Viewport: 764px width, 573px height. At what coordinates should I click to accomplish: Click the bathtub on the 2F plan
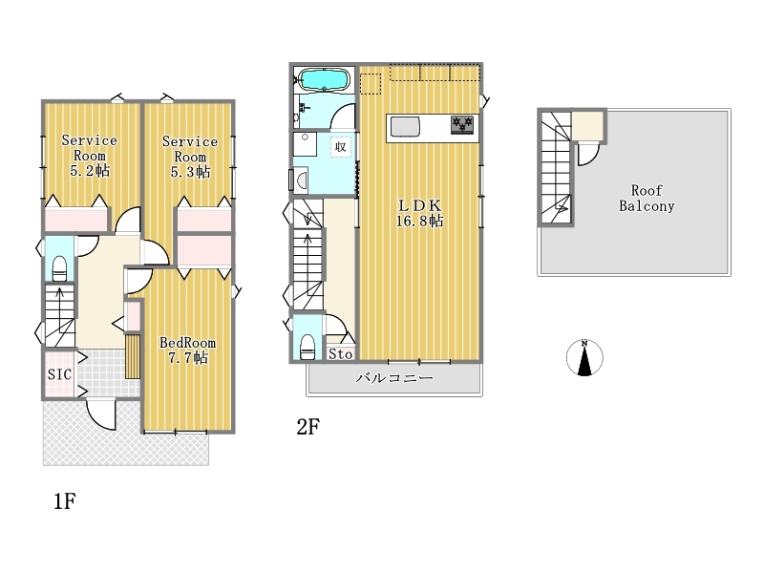(x=323, y=79)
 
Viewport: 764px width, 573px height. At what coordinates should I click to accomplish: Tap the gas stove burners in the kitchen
(x=462, y=124)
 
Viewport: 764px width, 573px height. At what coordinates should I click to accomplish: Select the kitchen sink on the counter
(x=405, y=127)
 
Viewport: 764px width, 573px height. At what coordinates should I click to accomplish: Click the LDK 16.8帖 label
(x=419, y=213)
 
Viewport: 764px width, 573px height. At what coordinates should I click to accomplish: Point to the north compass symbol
(x=584, y=357)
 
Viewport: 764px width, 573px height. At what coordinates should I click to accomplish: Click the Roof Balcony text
(x=647, y=198)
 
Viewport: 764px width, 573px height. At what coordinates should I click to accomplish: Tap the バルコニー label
(x=394, y=377)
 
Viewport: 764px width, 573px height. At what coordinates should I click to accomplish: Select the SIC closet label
(x=59, y=374)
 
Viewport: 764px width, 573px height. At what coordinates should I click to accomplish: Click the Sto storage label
(x=340, y=353)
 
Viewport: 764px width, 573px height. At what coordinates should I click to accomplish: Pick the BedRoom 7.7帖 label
(x=187, y=350)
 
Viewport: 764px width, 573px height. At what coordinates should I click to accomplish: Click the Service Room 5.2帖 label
(x=89, y=156)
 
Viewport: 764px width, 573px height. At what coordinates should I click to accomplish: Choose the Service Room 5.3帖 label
(x=190, y=157)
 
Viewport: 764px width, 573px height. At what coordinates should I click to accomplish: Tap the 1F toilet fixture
(x=59, y=268)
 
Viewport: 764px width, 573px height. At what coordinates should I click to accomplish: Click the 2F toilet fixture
(x=308, y=347)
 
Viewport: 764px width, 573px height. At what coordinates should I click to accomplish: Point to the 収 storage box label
(x=341, y=146)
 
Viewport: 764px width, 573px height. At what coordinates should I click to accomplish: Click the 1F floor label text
(x=65, y=500)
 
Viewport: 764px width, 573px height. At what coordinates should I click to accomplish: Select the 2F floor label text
(x=308, y=427)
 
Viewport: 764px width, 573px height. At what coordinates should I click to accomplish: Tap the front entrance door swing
(x=101, y=414)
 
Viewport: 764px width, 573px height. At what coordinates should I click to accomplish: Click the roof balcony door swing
(x=588, y=154)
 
